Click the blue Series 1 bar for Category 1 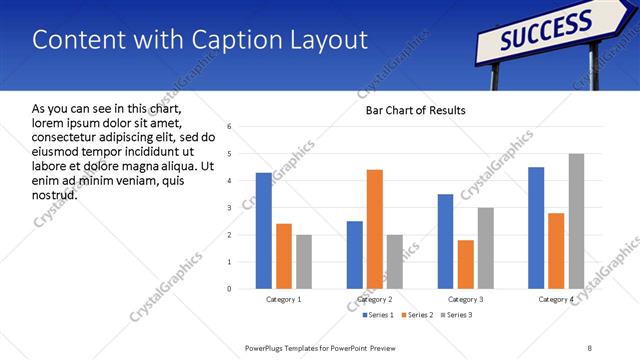pyautogui.click(x=263, y=231)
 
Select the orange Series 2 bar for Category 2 pyautogui.click(x=375, y=229)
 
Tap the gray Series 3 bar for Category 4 pyautogui.click(x=576, y=221)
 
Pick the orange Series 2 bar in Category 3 pyautogui.click(x=466, y=264)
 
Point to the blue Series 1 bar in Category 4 pyautogui.click(x=536, y=228)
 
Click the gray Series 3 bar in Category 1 pyautogui.click(x=303, y=262)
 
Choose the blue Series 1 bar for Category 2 pyautogui.click(x=355, y=255)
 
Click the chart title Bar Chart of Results pyautogui.click(x=410, y=110)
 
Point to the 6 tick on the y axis pyautogui.click(x=230, y=127)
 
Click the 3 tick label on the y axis pyautogui.click(x=230, y=208)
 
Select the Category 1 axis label pyautogui.click(x=283, y=299)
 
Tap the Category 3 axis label pyautogui.click(x=466, y=299)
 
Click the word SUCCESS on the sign pyautogui.click(x=546, y=30)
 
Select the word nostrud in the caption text pyautogui.click(x=54, y=193)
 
